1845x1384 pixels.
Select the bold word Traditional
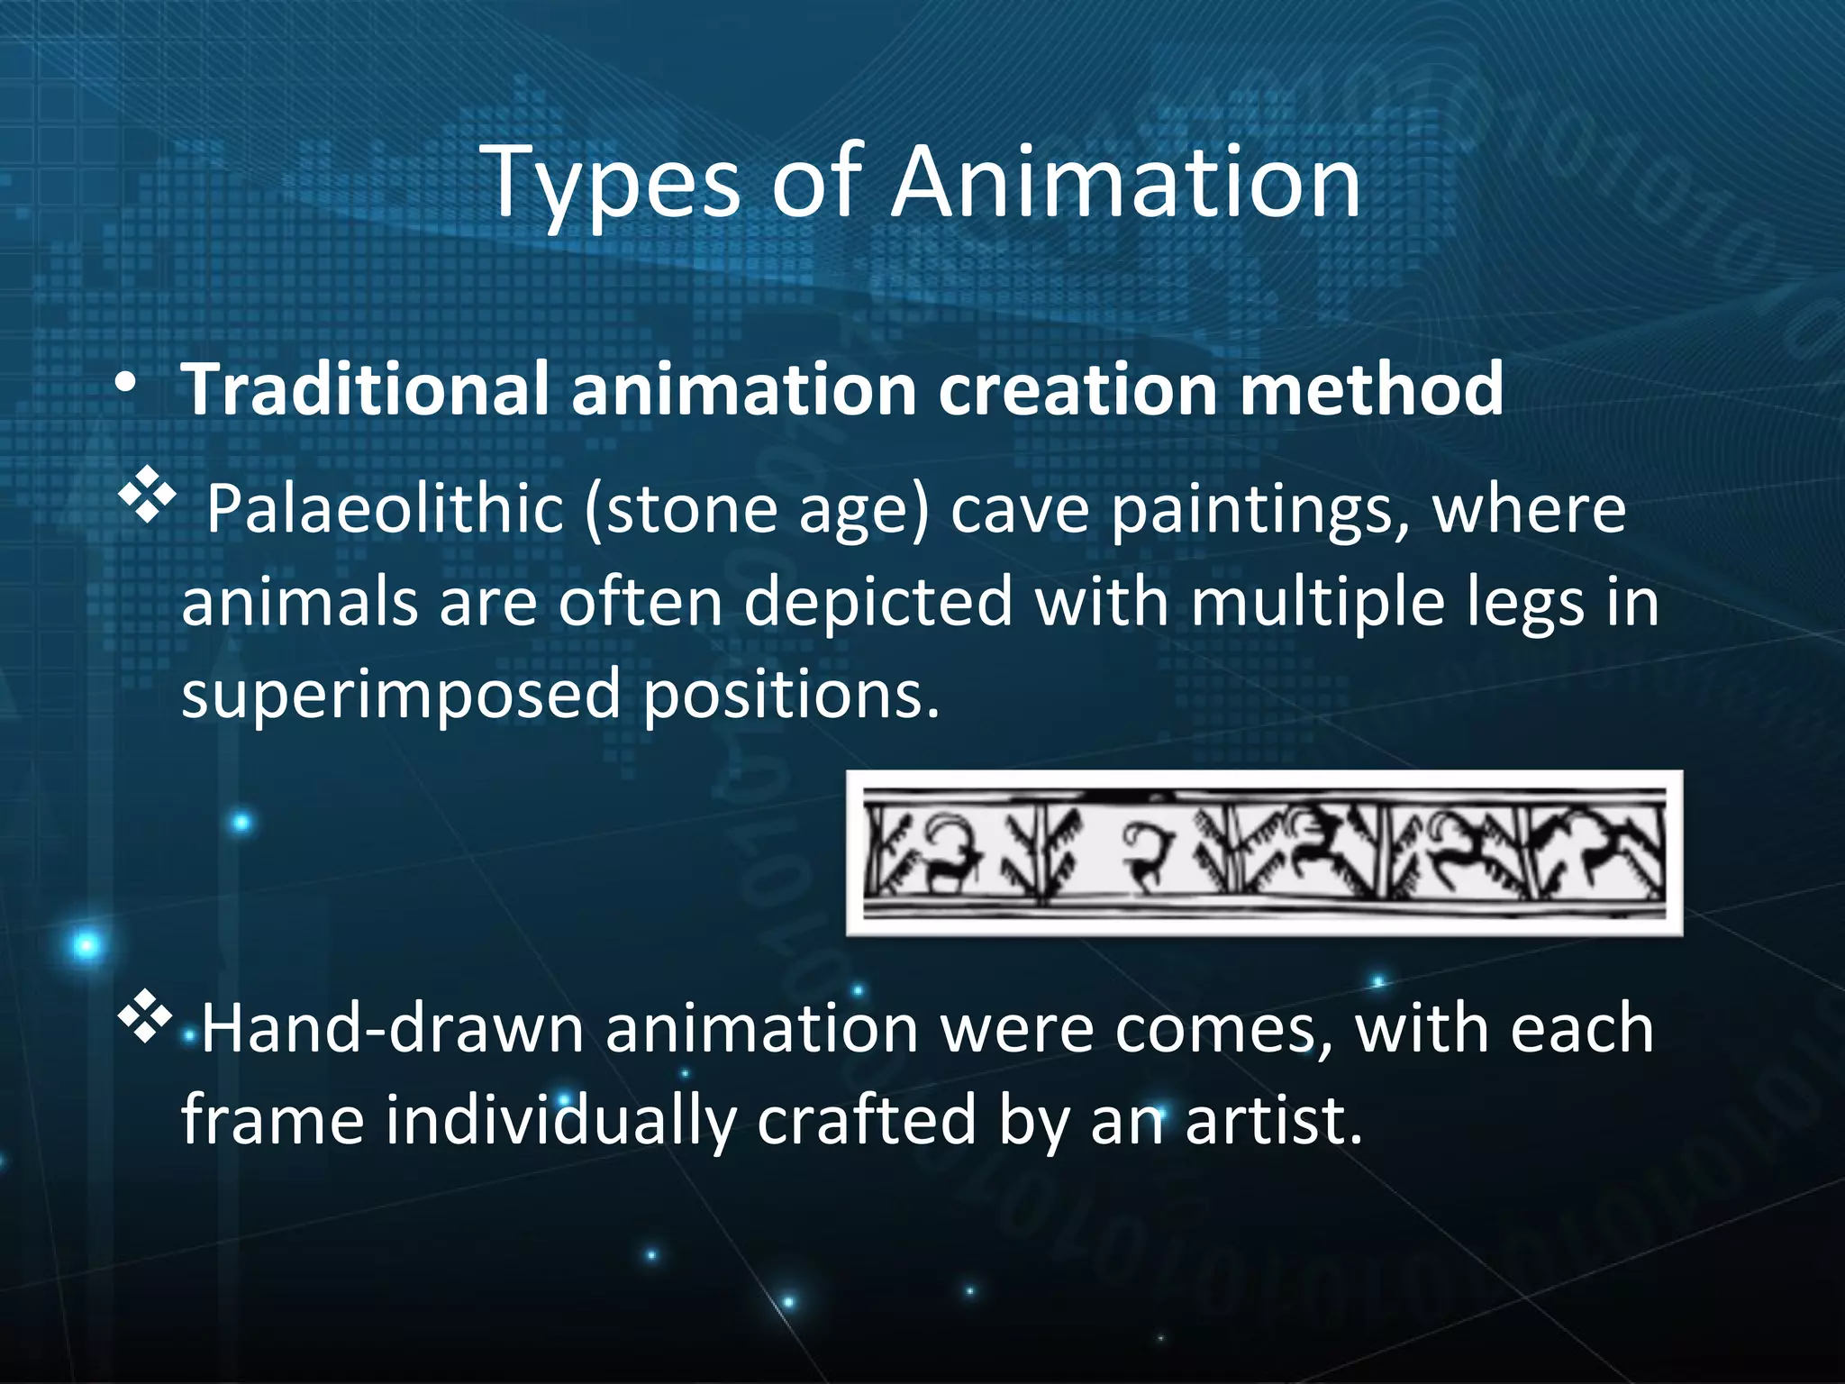pyautogui.click(x=365, y=389)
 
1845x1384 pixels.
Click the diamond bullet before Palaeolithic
pyautogui.click(x=146, y=496)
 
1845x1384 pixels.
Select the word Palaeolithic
pyautogui.click(x=385, y=511)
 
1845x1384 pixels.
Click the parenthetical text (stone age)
pyautogui.click(x=757, y=511)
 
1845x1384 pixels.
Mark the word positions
pyautogui.click(x=791, y=696)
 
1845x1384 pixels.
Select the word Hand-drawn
pyautogui.click(x=392, y=1029)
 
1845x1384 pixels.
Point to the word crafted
pyautogui.click(x=867, y=1121)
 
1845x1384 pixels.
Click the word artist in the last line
pyautogui.click(x=1272, y=1121)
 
